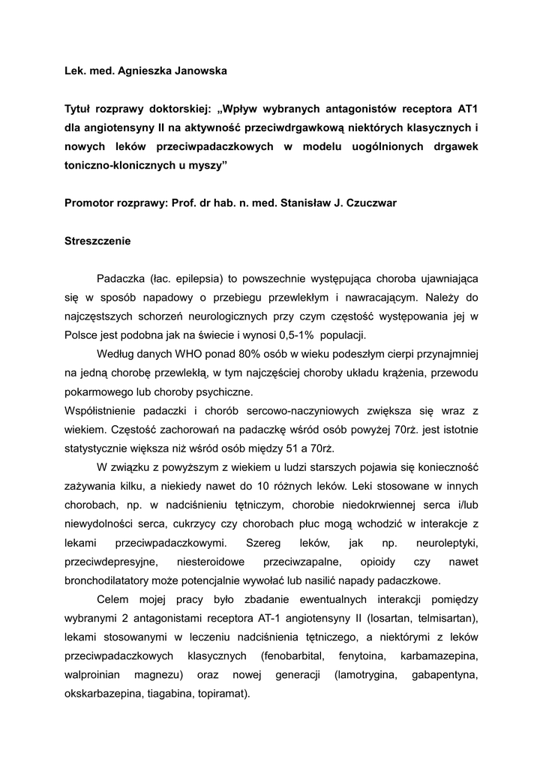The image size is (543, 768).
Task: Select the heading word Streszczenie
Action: (97, 241)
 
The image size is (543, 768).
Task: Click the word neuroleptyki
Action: (446, 542)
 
